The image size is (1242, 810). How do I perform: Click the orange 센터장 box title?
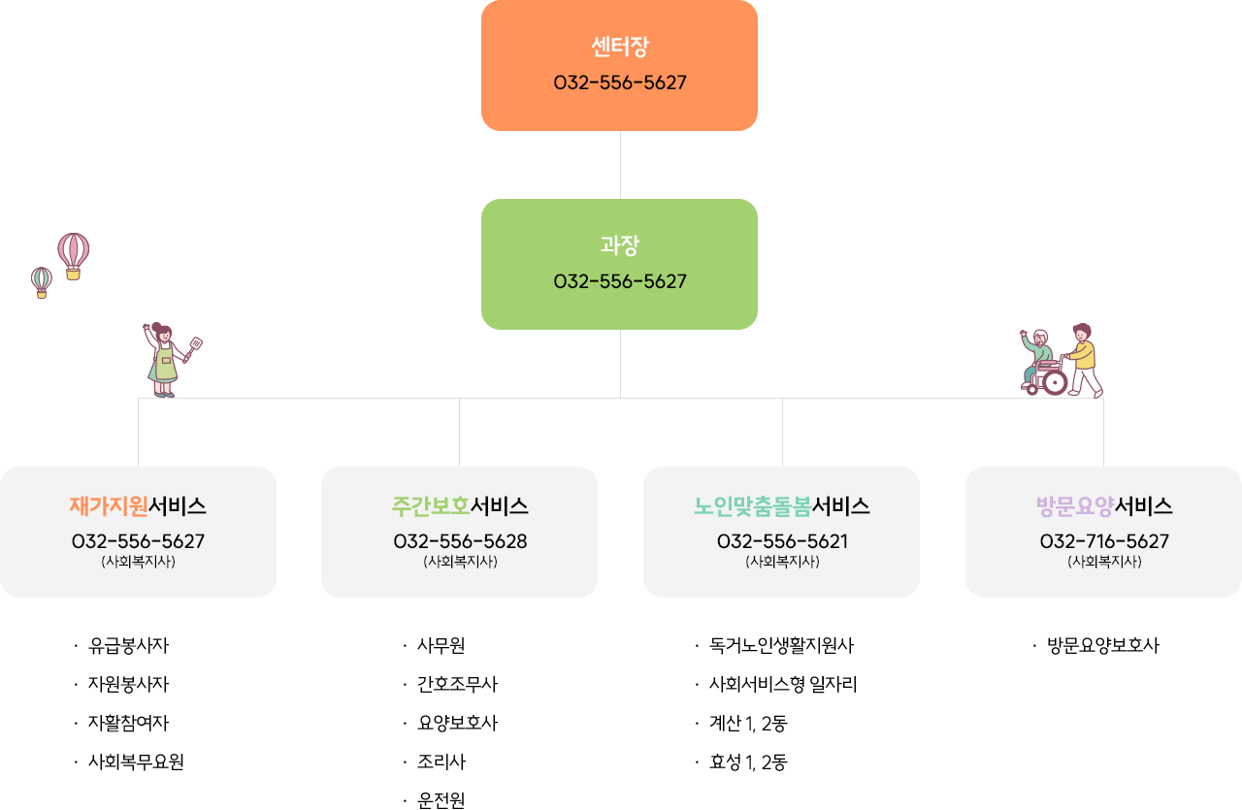click(x=619, y=47)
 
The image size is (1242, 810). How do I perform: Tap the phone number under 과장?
click(x=619, y=281)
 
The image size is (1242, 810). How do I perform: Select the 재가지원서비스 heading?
click(x=138, y=506)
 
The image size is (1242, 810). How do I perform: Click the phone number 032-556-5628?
click(x=460, y=541)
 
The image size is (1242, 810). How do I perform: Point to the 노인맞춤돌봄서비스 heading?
click(x=781, y=506)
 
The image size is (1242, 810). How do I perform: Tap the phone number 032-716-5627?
click(x=1104, y=541)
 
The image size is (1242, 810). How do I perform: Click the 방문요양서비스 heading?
click(x=1104, y=506)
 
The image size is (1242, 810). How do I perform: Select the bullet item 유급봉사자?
click(x=128, y=646)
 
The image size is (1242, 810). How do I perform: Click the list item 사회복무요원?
click(x=136, y=762)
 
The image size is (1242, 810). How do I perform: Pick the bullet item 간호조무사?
click(x=457, y=685)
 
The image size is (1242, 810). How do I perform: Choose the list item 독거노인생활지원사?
click(x=781, y=646)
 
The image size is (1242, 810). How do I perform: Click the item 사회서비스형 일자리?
click(x=783, y=685)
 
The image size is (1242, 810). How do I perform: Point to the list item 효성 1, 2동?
click(x=748, y=762)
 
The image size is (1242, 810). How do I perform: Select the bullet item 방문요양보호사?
click(x=1103, y=646)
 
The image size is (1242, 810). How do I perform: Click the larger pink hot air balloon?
click(x=73, y=252)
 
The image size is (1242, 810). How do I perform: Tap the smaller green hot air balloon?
click(x=42, y=281)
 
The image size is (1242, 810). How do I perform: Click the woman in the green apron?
click(x=165, y=361)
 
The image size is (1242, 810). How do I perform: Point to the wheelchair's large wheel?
click(x=1055, y=381)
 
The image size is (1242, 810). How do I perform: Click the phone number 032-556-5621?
click(x=782, y=541)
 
